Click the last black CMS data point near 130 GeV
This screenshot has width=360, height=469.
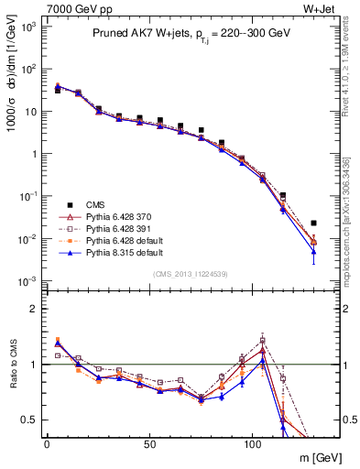coord(313,223)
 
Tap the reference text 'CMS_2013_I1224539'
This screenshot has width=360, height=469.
coord(190,272)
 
